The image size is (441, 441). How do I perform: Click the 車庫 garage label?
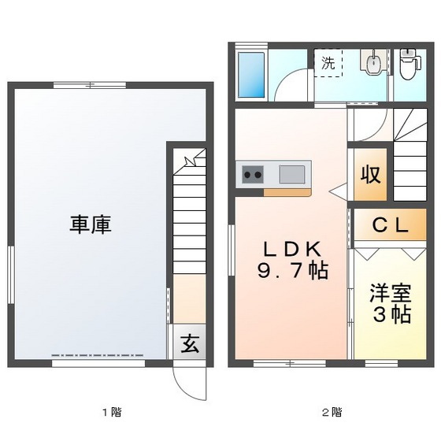coord(89,224)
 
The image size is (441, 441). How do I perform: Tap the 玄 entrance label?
coord(189,343)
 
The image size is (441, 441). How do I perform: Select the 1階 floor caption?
coord(110,412)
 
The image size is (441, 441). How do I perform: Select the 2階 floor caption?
coord(330,412)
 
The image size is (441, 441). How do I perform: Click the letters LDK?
coord(291,249)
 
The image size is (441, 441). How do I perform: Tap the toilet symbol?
coord(407,65)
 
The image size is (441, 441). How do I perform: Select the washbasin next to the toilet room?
coord(372,64)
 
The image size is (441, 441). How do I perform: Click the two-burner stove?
coord(252,174)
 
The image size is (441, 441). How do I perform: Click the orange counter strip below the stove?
coord(287,191)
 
